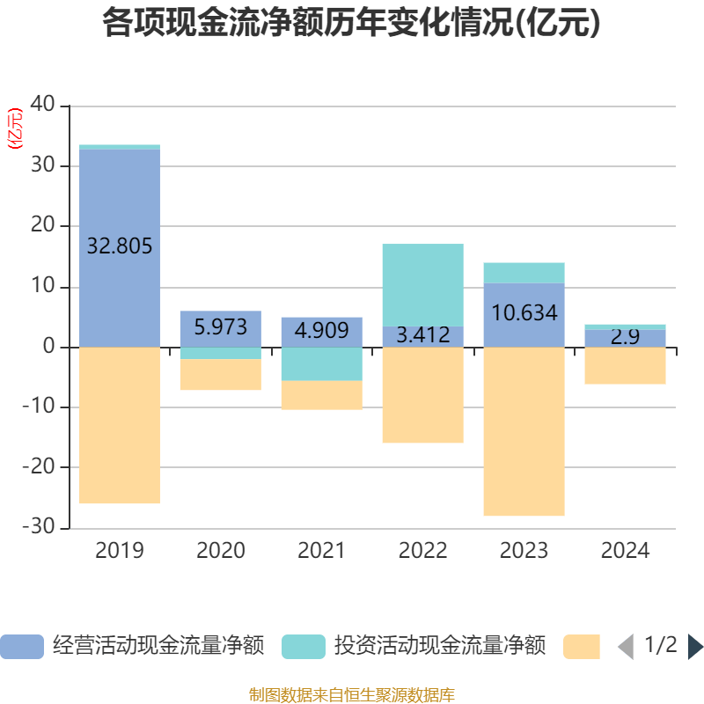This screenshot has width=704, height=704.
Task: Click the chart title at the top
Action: (x=351, y=24)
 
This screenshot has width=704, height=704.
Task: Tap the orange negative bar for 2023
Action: (x=524, y=431)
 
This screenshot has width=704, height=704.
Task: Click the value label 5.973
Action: (x=220, y=327)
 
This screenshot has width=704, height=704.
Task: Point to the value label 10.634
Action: (x=524, y=312)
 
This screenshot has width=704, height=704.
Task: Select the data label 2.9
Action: (x=625, y=336)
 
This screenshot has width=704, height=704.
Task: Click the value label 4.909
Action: (x=321, y=331)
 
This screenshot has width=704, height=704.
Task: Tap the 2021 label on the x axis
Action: (x=321, y=551)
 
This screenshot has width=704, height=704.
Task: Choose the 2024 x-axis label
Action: (x=625, y=551)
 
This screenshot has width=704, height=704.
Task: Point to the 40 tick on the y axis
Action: (x=43, y=106)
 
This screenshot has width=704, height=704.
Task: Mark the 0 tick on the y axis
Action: (x=49, y=347)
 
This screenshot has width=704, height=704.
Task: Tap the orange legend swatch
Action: (x=582, y=647)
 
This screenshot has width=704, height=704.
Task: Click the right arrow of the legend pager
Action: (x=694, y=647)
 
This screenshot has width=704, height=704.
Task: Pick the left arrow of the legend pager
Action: (x=626, y=647)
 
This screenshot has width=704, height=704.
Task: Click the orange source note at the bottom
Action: (x=351, y=694)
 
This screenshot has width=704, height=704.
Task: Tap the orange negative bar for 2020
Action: (x=220, y=375)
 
